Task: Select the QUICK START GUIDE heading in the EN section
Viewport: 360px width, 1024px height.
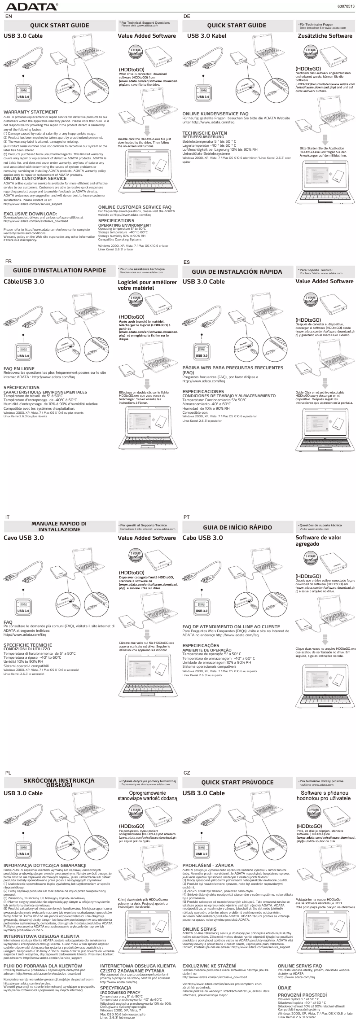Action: pyautogui.click(x=59, y=26)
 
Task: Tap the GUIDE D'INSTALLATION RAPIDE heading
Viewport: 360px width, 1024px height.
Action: pyautogui.click(x=59, y=271)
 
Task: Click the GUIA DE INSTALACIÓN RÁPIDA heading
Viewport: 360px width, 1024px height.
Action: pyautogui.click(x=237, y=271)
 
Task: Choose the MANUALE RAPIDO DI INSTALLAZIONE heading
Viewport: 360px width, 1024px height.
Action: pyautogui.click(x=59, y=526)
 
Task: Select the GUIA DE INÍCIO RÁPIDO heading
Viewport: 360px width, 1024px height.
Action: pyautogui.click(x=237, y=527)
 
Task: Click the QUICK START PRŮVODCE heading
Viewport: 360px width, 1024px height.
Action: pyautogui.click(x=237, y=782)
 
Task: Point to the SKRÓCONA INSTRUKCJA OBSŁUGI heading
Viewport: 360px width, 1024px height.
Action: pyautogui.click(x=59, y=782)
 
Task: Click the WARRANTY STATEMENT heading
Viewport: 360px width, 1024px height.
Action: pyautogui.click(x=31, y=112)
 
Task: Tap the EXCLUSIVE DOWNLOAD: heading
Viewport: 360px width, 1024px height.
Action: pyautogui.click(x=30, y=214)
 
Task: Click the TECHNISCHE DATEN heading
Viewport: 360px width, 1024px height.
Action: pyautogui.click(x=204, y=133)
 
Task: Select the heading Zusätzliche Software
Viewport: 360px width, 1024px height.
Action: pyautogui.click(x=325, y=35)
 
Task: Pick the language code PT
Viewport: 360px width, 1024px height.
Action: pyautogui.click(x=187, y=517)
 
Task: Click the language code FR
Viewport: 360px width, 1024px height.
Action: pyautogui.click(x=8, y=261)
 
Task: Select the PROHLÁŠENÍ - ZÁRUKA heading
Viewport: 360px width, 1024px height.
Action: pyautogui.click(x=208, y=865)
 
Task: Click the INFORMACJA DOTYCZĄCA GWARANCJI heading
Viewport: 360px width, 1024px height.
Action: pyautogui.click(x=44, y=865)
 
